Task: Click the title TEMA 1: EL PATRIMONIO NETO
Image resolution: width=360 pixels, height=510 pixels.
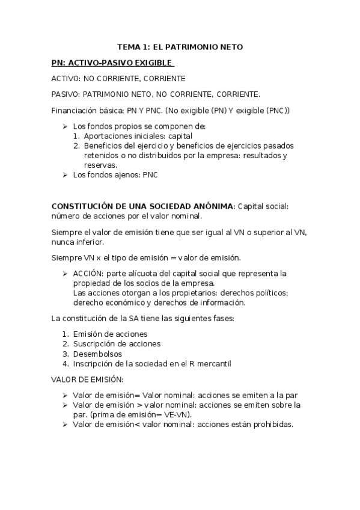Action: (180, 47)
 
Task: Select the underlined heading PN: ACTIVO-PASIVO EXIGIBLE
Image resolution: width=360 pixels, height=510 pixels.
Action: (112, 63)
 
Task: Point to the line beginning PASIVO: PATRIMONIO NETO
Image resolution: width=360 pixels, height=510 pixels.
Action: (156, 94)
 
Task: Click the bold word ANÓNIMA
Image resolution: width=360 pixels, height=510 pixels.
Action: (212, 206)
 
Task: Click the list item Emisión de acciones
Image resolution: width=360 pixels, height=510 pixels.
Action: (110, 334)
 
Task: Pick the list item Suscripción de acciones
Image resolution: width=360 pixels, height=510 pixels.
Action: (117, 344)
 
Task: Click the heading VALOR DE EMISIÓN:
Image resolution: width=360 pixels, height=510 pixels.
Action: (88, 379)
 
